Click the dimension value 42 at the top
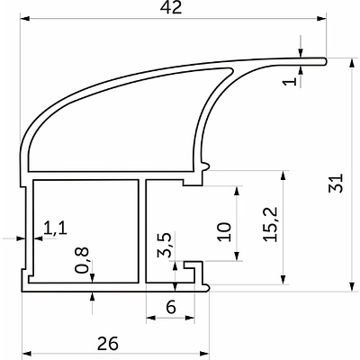click(x=171, y=7)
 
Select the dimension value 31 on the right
click(x=336, y=183)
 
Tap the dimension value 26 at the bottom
click(x=108, y=344)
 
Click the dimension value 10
click(x=225, y=232)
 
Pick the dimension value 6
click(x=171, y=307)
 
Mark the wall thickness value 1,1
click(x=55, y=229)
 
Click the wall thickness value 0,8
click(x=82, y=260)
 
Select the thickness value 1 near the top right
click(x=291, y=81)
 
